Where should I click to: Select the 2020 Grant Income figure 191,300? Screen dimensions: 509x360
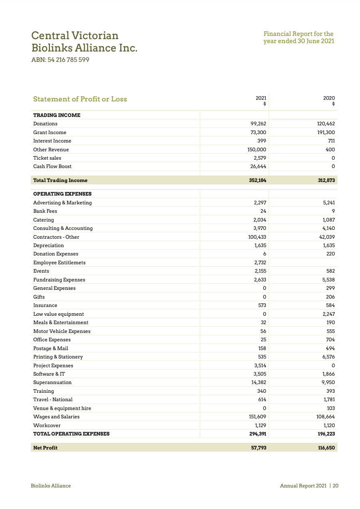pyautogui.click(x=326, y=133)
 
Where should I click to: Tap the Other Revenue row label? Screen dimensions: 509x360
pyautogui.click(x=51, y=150)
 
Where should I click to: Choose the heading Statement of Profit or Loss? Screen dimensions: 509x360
pyautogui.click(x=80, y=99)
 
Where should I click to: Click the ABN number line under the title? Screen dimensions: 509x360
pyautogui.click(x=60, y=60)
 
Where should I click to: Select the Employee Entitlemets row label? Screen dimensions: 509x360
pyautogui.click(x=59, y=263)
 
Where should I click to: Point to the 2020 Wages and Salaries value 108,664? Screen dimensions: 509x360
pyautogui.click(x=326, y=417)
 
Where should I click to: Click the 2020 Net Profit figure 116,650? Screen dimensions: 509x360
pyautogui.click(x=326, y=448)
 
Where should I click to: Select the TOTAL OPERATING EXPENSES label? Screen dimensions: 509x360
pyautogui.click(x=71, y=434)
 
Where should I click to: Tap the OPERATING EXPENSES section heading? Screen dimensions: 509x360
pyautogui.click(x=62, y=194)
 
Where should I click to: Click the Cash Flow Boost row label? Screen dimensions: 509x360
pyautogui.click(x=52, y=166)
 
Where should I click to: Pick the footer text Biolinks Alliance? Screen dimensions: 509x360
pyautogui.click(x=51, y=486)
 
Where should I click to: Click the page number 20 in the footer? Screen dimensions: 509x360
pyautogui.click(x=336, y=486)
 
